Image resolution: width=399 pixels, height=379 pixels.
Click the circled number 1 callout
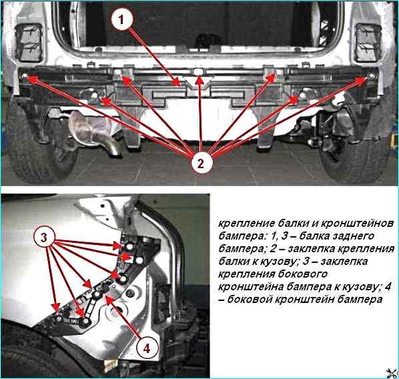pyautogui.click(x=121, y=19)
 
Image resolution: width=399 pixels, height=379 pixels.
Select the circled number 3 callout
pyautogui.click(x=44, y=238)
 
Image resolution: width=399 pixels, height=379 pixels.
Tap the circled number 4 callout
pyautogui.click(x=147, y=348)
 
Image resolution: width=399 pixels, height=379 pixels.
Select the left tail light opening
pyautogui.click(x=29, y=43)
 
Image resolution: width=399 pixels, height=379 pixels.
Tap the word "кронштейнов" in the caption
pyautogui.click(x=356, y=224)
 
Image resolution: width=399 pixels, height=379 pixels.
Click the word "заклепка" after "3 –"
pyautogui.click(x=344, y=262)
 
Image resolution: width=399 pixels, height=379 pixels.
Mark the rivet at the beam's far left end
pyautogui.click(x=25, y=76)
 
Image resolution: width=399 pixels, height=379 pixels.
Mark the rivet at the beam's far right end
pyautogui.click(x=371, y=76)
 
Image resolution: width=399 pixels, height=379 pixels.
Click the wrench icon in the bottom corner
pyautogui.click(x=392, y=373)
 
